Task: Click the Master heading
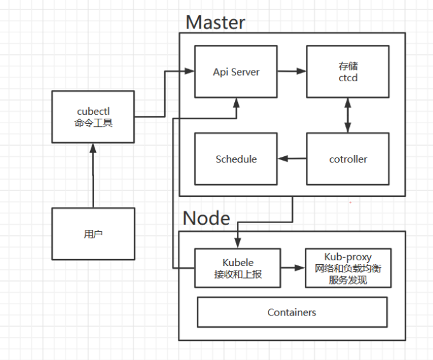215,23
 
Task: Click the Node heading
206,218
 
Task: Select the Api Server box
236,71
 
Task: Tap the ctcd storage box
347,71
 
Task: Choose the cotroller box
347,159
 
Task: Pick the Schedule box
236,159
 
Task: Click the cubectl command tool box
93,117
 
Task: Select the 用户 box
93,234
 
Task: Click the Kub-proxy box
347,268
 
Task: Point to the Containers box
292,312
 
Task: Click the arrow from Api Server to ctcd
291,71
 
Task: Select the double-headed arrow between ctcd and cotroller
347,115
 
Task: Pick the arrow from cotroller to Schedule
291,159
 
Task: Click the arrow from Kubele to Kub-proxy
291,268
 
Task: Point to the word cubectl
93,110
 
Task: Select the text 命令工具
93,123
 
